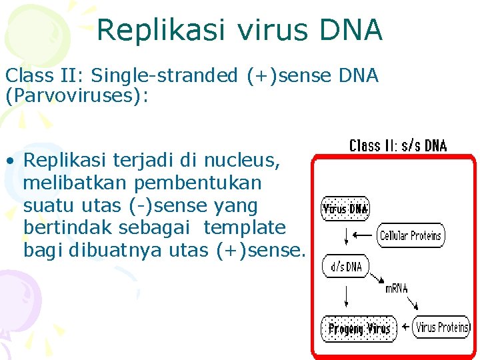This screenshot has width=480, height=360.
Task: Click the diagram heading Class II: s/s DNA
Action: (398, 145)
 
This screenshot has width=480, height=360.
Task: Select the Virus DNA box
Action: (345, 209)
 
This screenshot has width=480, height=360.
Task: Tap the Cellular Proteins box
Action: (411, 235)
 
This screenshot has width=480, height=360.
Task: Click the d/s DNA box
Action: (345, 267)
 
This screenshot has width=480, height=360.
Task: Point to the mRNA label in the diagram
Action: (397, 289)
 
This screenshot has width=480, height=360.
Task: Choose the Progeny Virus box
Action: (359, 329)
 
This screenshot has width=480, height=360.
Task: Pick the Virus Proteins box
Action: (442, 327)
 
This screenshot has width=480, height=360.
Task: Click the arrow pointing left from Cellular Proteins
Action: (363, 235)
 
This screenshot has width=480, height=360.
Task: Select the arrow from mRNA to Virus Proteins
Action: (412, 303)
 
